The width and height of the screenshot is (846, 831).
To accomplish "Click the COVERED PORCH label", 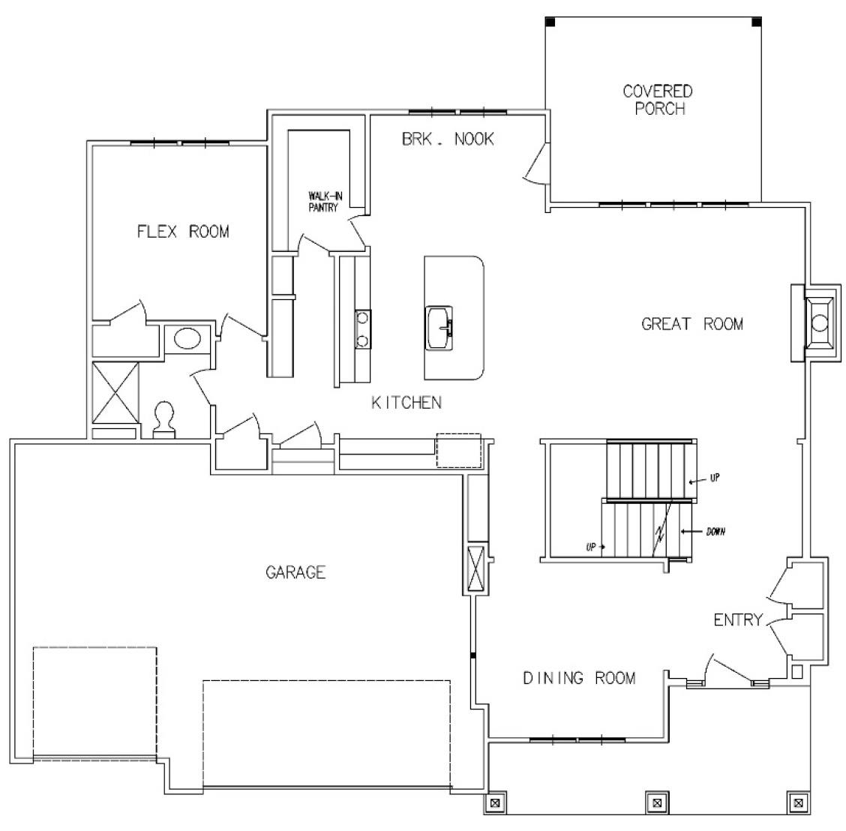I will coord(657,100).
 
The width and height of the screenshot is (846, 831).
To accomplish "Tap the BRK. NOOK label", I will coord(448,139).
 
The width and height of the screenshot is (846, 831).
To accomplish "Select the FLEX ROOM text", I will coord(182,231).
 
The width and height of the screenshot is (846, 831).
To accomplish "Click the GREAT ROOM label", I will coord(692,324).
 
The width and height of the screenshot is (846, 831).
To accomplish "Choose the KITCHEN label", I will coord(406,403).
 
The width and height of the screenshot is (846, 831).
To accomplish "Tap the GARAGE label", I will coord(295,572).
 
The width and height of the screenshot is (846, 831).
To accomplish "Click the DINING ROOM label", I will coord(579,678).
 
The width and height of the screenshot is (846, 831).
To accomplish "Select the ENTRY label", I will coord(737,620).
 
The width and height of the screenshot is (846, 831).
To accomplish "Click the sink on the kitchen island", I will coord(440,328).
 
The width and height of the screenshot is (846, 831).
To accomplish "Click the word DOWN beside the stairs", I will coord(714,532).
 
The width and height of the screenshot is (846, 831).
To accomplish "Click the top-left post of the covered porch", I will coord(550,22).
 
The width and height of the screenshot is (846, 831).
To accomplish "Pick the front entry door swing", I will coord(726,669).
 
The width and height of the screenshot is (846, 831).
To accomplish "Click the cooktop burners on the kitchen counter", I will coord(362,329).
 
